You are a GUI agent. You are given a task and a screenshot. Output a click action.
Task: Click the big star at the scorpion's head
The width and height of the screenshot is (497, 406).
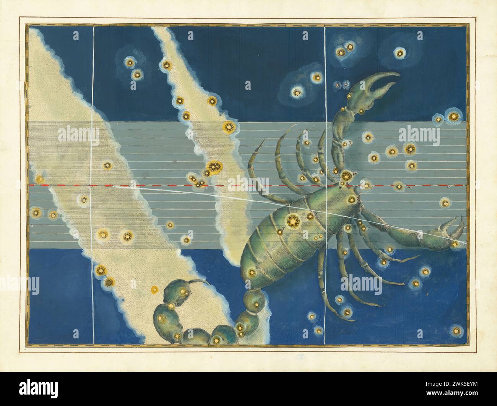tap(347, 176)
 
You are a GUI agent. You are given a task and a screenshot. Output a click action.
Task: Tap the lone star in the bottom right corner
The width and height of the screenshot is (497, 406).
tap(456, 330)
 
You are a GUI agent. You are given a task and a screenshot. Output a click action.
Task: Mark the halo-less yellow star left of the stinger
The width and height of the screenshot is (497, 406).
tap(154, 289)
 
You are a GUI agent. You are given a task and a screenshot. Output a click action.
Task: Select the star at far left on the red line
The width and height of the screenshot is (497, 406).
tap(39, 179)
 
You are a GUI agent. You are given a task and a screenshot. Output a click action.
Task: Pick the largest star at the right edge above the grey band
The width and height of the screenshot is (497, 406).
tap(453, 116)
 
